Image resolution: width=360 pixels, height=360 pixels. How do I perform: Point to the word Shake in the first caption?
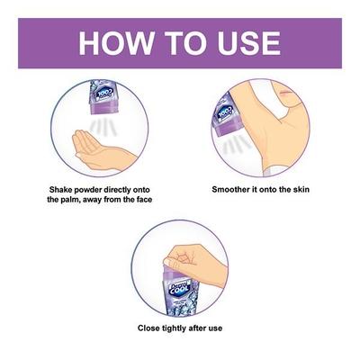[62, 190]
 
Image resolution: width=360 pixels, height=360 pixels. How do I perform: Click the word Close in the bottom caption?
[149, 328]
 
